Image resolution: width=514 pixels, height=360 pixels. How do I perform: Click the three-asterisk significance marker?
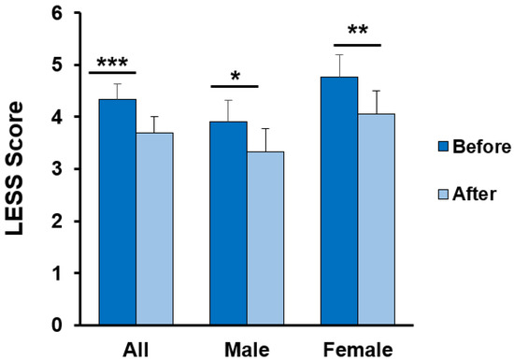click(113, 61)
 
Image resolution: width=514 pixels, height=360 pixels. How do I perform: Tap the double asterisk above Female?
click(357, 31)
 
